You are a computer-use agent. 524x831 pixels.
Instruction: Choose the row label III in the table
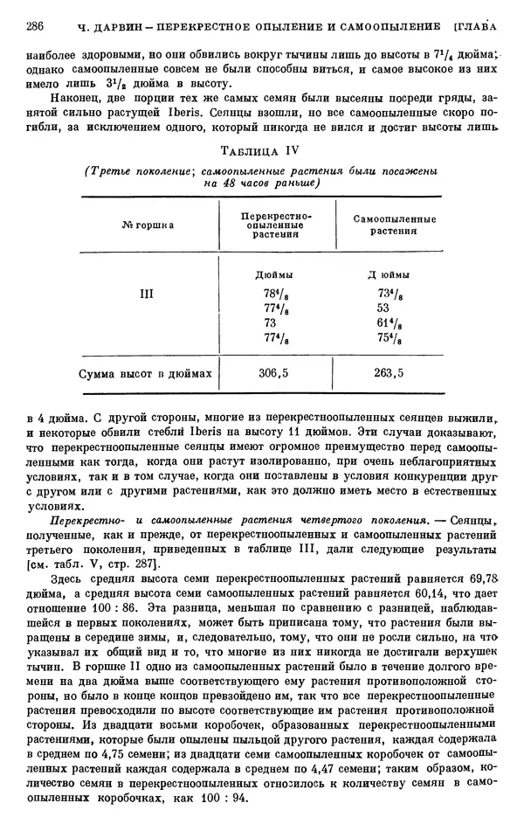[x=146, y=294]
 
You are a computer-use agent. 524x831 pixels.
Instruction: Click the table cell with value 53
[x=383, y=308]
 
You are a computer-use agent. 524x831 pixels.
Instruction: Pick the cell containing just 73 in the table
[x=269, y=323]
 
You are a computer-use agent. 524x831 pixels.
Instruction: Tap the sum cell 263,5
[x=388, y=373]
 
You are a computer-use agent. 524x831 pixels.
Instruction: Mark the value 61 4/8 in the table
[x=389, y=323]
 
